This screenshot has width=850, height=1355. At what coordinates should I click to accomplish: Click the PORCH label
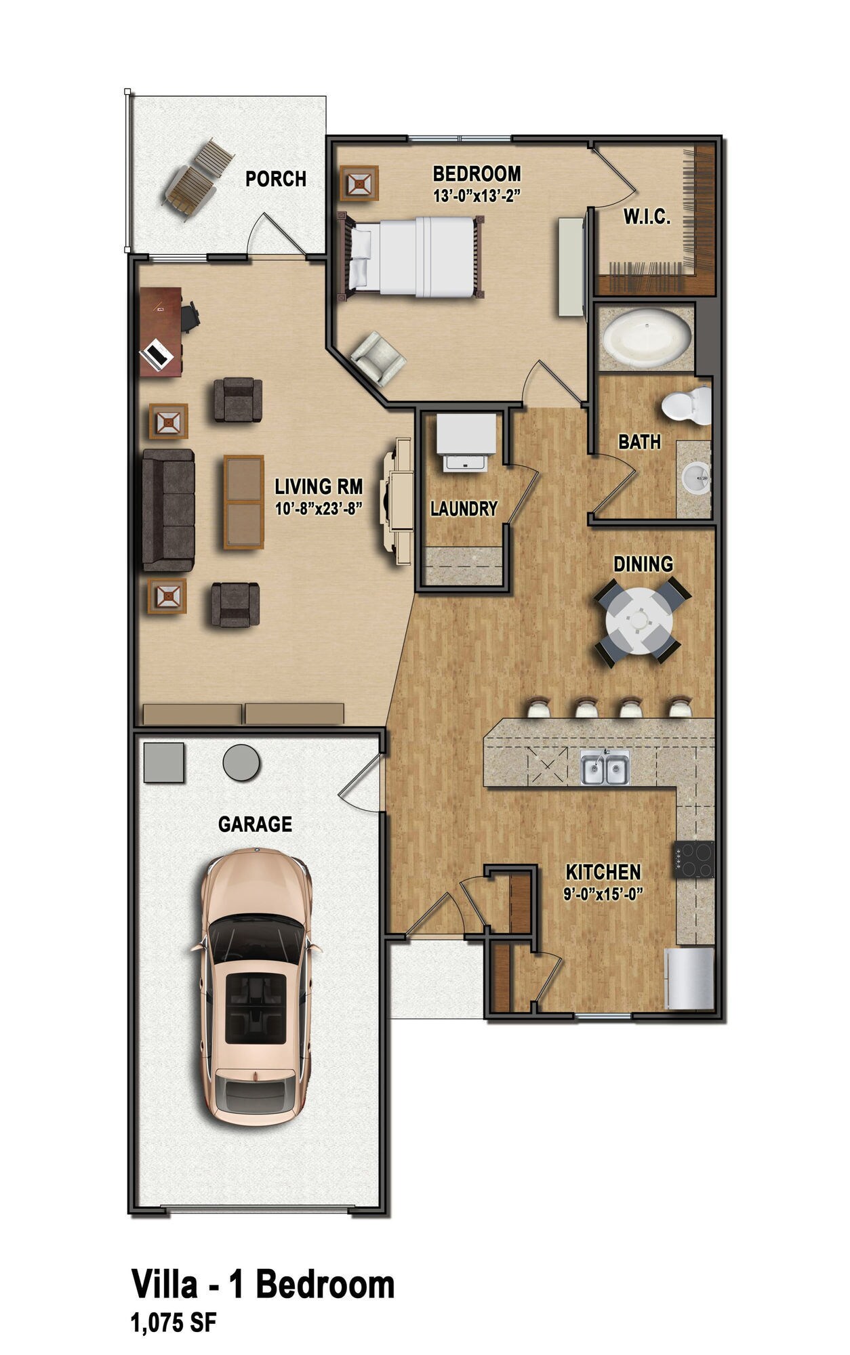tap(275, 179)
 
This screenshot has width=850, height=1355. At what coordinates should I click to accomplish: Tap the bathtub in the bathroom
tap(647, 337)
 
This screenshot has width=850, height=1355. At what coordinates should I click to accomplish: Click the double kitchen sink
tap(605, 769)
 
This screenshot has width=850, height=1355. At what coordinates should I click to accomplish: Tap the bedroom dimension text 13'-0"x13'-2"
tap(477, 196)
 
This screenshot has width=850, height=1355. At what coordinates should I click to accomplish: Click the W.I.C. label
tap(647, 217)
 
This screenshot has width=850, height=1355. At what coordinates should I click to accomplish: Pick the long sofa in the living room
tap(167, 509)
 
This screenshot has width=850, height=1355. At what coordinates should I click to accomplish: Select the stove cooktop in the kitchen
tap(693, 860)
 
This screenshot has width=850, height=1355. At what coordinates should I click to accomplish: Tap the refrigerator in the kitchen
tap(689, 978)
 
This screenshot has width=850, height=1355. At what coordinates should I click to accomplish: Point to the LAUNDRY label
tap(464, 509)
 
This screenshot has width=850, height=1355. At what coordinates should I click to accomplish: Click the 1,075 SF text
tap(174, 1322)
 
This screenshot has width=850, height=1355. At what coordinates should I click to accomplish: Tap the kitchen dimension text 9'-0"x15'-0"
tap(603, 894)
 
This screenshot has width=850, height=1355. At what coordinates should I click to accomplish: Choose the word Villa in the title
tap(165, 1284)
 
